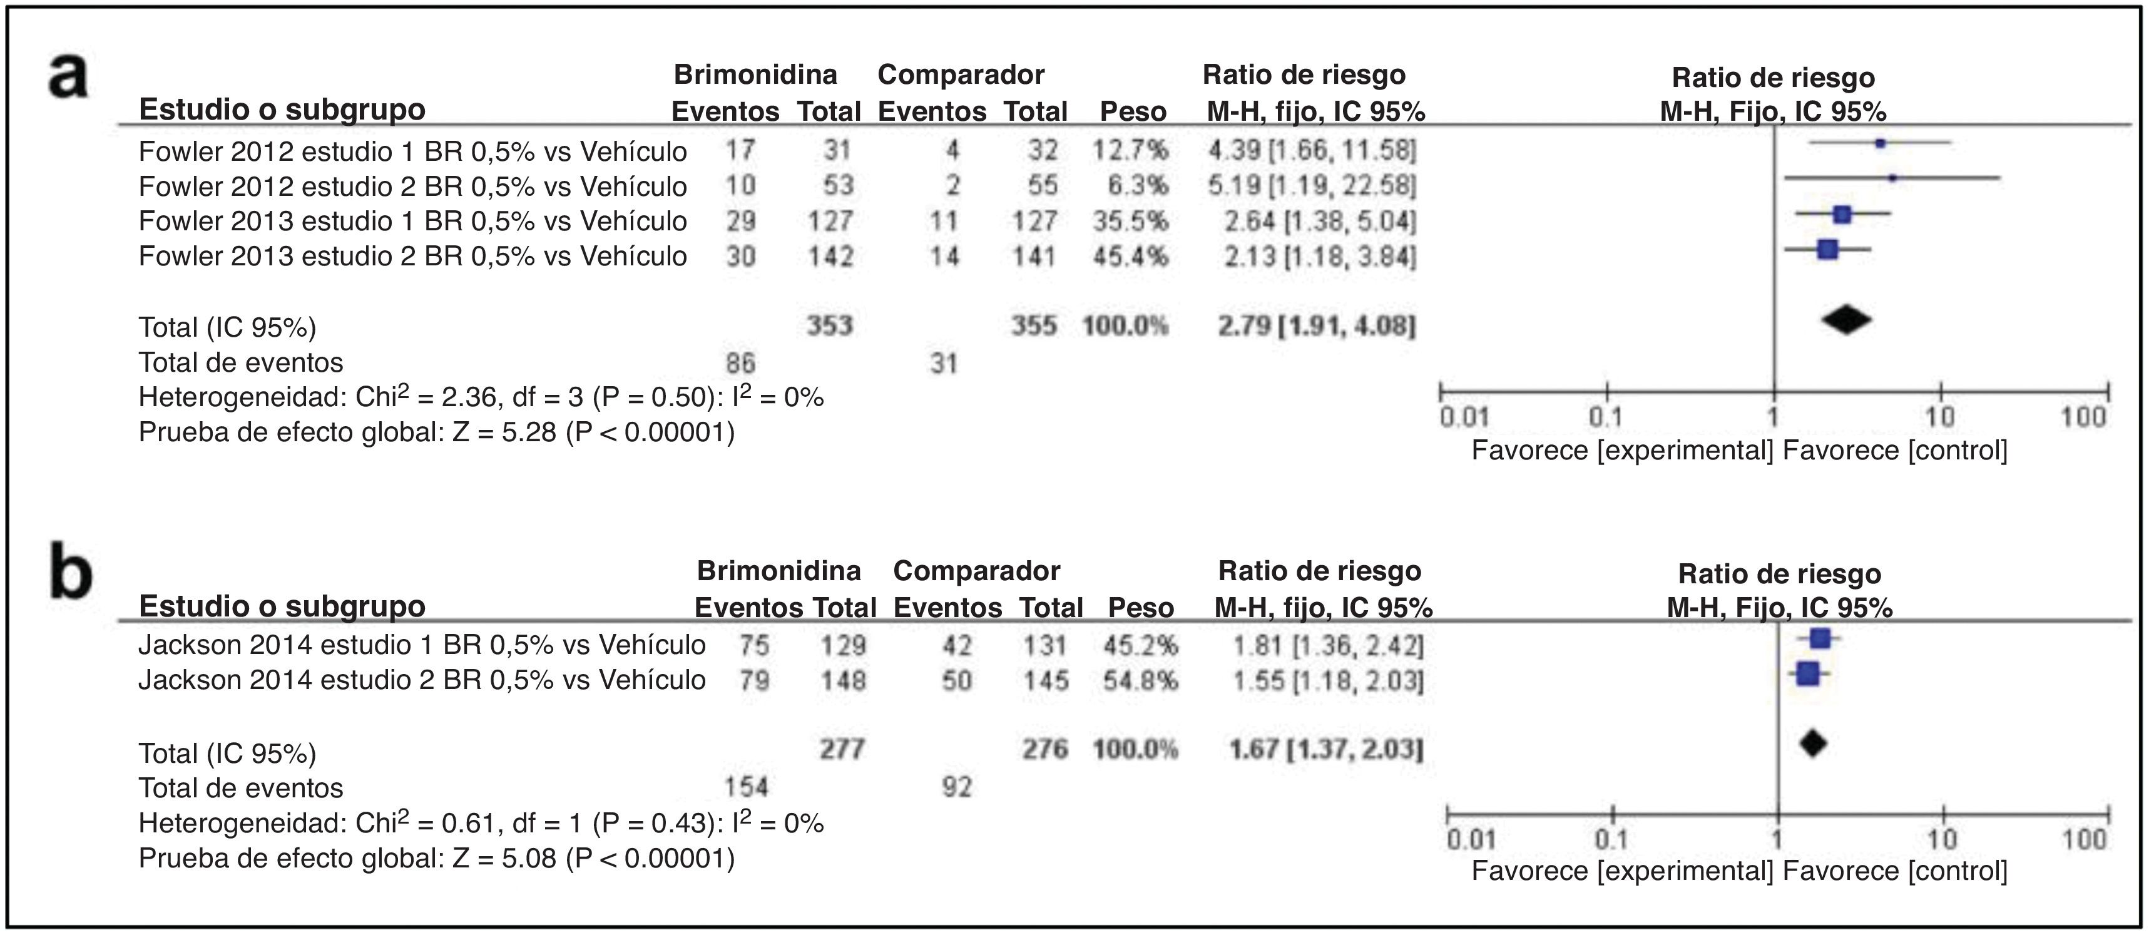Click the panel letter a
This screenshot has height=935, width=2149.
point(68,77)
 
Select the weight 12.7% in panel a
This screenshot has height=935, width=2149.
point(1130,150)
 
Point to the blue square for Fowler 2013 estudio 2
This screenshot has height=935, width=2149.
point(1827,248)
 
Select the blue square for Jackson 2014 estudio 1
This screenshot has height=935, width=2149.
point(1819,639)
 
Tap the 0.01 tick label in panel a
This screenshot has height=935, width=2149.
point(1464,417)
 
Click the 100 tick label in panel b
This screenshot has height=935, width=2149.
point(2084,839)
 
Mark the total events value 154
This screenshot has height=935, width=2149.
point(745,787)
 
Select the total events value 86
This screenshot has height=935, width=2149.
point(740,363)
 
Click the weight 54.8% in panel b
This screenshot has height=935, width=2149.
point(1140,681)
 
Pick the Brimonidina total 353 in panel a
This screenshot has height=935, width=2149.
point(829,325)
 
